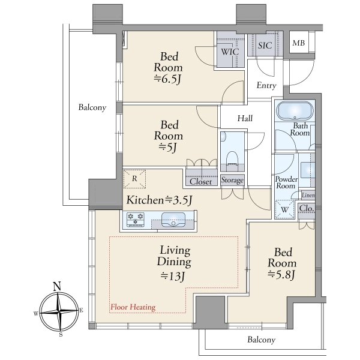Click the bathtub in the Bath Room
click(295, 110)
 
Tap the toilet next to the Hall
click(232, 158)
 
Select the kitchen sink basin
click(173, 220)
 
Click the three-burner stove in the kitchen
click(136, 220)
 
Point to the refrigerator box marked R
click(134, 179)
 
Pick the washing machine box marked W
click(284, 209)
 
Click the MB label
click(299, 43)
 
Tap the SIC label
click(265, 46)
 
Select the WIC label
click(230, 52)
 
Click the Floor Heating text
click(133, 307)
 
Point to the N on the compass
click(57, 287)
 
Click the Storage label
click(232, 180)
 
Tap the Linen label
click(308, 195)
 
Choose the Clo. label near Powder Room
click(307, 208)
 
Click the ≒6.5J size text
click(167, 79)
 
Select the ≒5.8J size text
click(281, 274)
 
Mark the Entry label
click(266, 86)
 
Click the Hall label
click(245, 118)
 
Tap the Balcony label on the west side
click(92, 107)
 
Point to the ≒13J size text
click(173, 276)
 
